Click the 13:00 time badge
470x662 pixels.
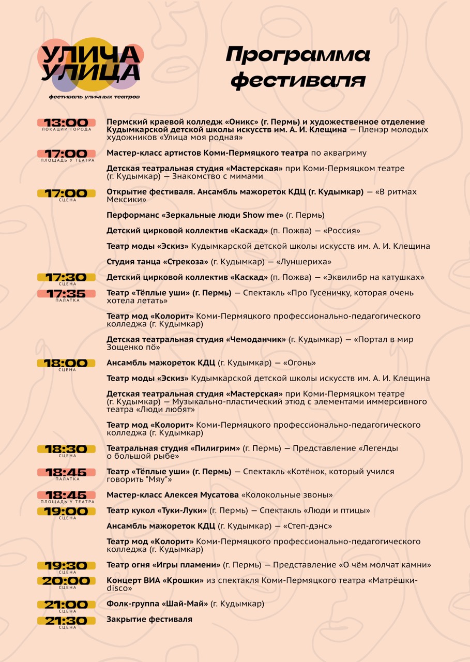tap(66, 123)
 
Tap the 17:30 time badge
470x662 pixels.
tap(66, 278)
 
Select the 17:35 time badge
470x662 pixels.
tap(66, 294)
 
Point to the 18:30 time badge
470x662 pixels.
tap(66, 449)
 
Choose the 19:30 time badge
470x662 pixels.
tap(66, 566)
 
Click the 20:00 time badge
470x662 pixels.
tap(66, 581)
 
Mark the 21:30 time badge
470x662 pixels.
tap(66, 621)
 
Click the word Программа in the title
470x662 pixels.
tap(298, 55)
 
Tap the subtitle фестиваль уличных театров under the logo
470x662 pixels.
tap(94, 97)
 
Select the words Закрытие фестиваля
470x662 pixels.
tap(149, 619)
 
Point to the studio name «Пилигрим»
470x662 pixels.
tap(216, 448)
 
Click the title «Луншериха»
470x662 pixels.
tap(306, 262)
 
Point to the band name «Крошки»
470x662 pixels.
tap(183, 581)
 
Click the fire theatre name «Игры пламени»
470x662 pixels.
tap(187, 565)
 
